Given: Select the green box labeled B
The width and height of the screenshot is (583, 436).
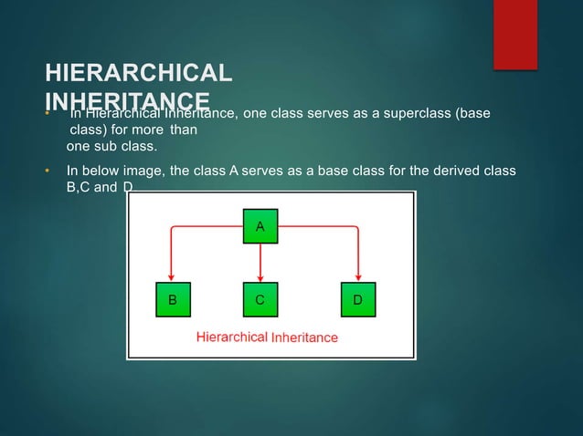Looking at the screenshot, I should pos(173,299).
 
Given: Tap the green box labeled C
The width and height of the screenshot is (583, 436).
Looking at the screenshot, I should pos(260,299).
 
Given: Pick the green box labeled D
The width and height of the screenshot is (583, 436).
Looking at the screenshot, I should pos(357,299).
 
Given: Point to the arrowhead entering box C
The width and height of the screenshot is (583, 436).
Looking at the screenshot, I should pos(260,278).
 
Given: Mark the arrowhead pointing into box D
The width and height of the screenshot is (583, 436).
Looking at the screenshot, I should pos(357,278).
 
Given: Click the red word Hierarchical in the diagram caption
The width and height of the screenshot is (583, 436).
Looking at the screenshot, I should pos(232,337).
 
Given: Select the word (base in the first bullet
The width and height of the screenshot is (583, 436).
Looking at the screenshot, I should pos(472,113).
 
